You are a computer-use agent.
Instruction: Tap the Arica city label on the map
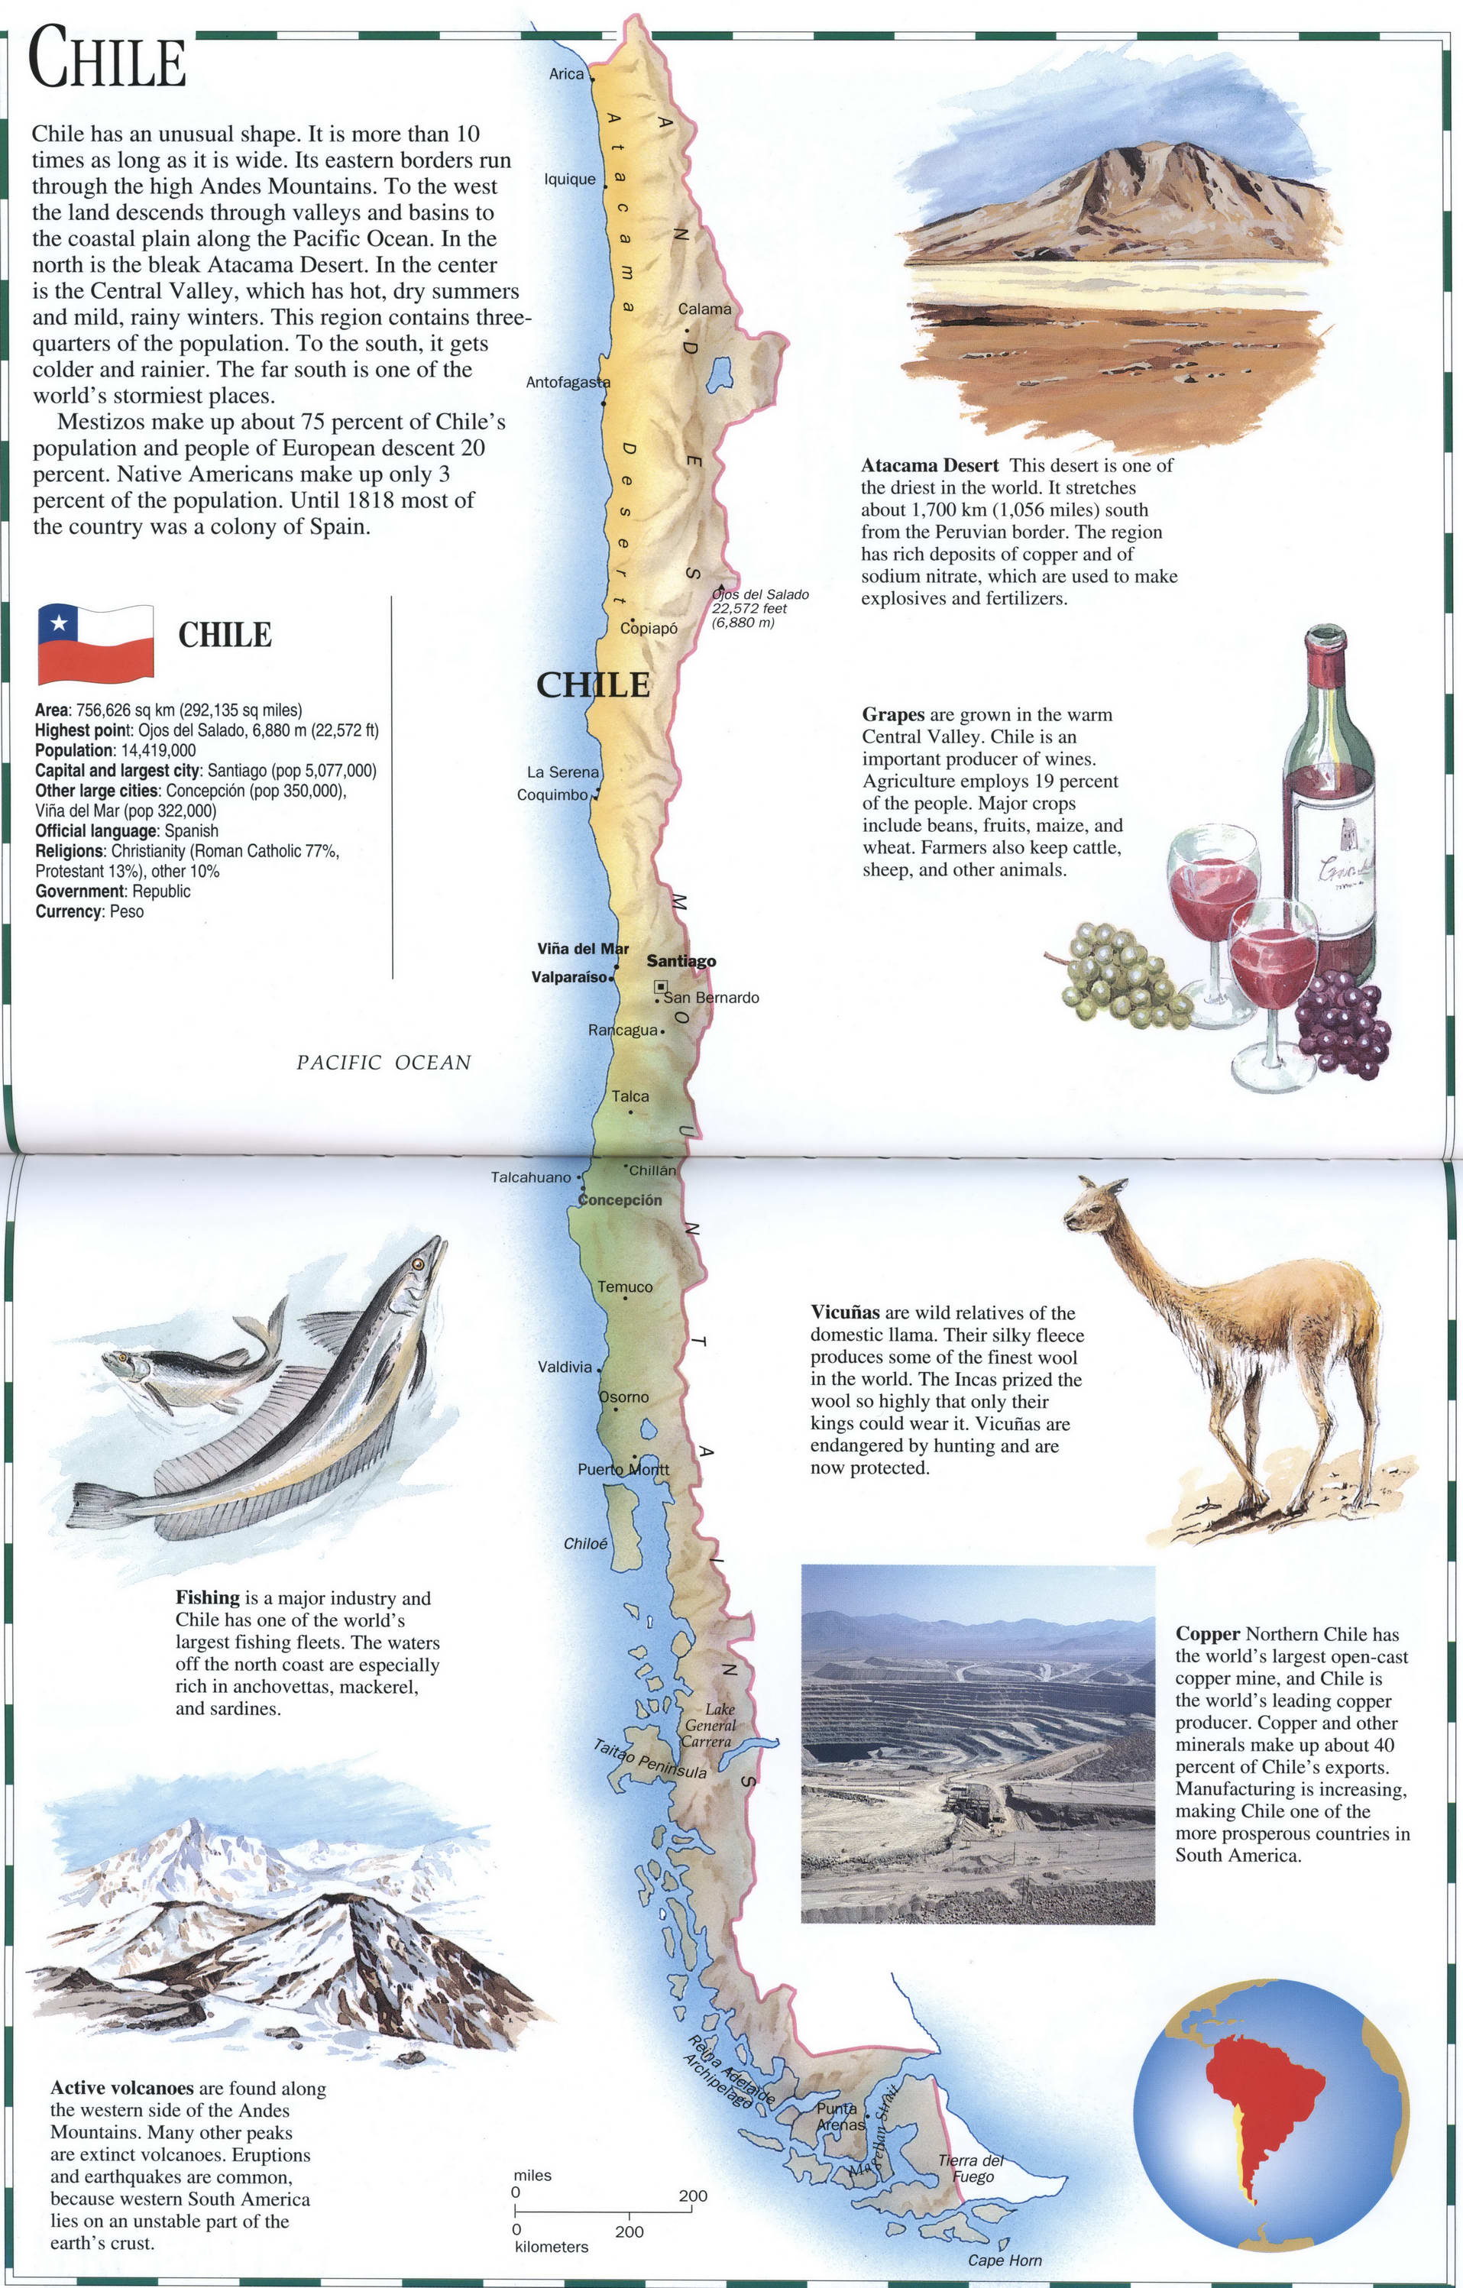pos(566,74)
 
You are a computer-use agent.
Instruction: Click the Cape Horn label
pos(1004,2260)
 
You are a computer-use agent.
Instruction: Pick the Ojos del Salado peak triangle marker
pos(721,588)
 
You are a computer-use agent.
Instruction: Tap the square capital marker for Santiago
pos(660,987)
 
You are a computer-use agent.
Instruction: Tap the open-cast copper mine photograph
pos(978,1746)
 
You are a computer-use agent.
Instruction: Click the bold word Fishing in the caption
pos(207,1598)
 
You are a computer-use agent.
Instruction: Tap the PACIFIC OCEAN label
pos(383,1063)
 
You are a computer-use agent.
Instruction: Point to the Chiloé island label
pos(585,1544)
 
